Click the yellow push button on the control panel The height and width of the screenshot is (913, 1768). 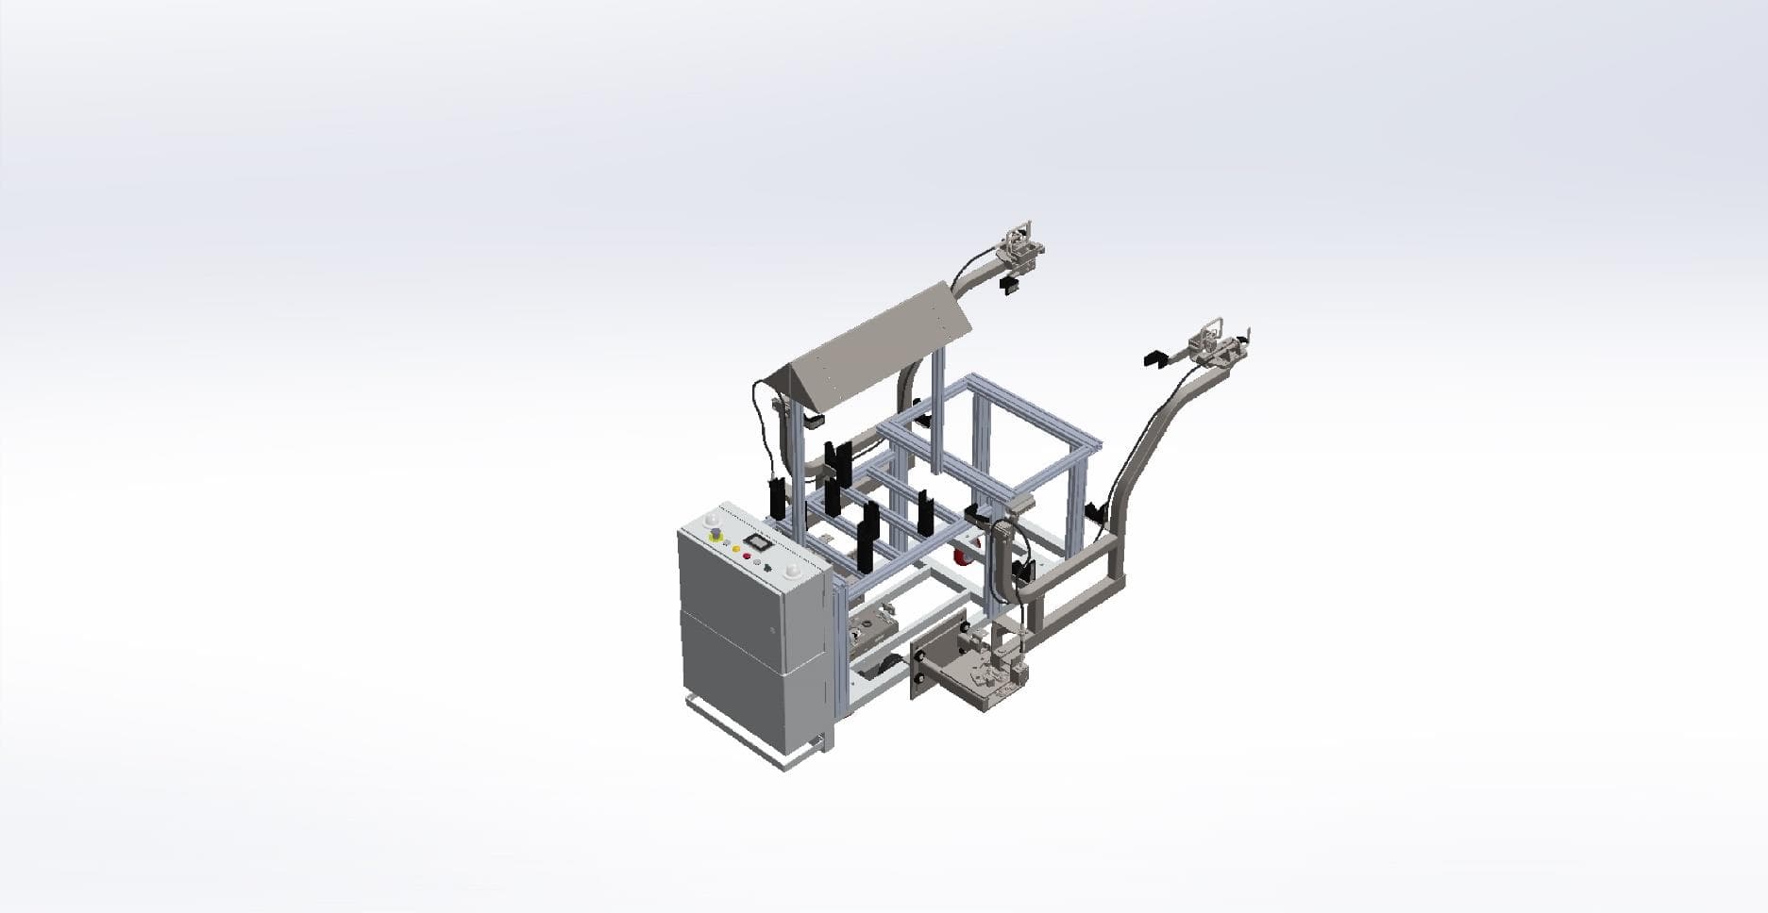[x=735, y=548]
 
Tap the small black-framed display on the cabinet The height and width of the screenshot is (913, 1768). [x=758, y=542]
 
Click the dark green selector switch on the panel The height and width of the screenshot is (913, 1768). [x=767, y=568]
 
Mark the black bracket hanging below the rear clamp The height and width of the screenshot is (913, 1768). [x=1008, y=285]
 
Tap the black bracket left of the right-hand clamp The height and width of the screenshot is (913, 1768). [x=1154, y=358]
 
